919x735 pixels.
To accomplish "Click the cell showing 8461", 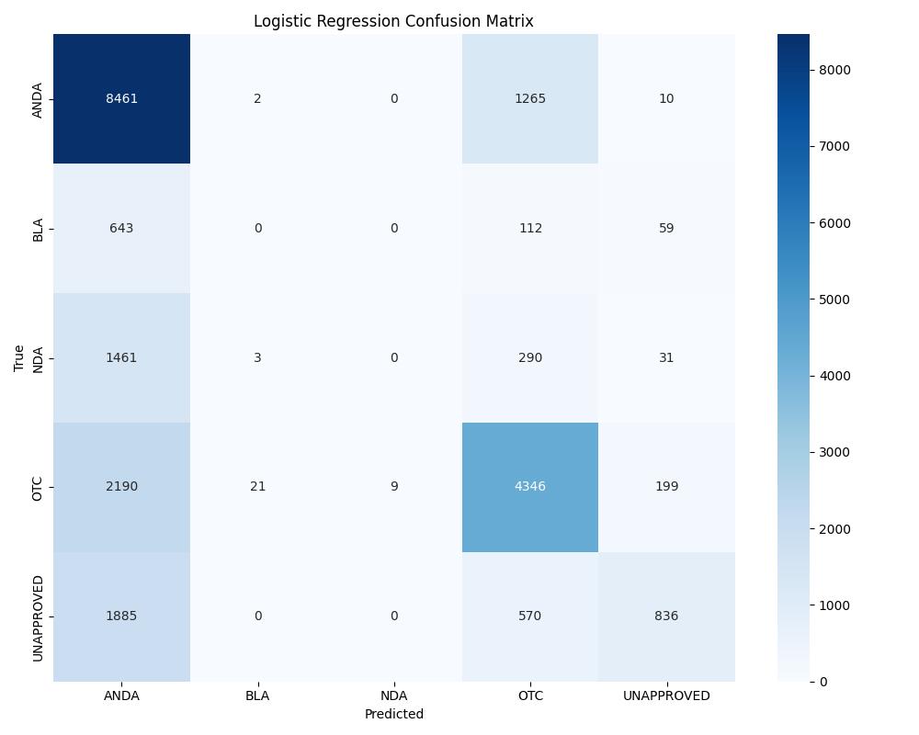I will (121, 98).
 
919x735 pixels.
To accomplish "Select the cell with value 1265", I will (530, 98).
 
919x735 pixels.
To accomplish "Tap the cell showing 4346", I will (530, 487).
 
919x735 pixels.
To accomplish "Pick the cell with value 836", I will (666, 616).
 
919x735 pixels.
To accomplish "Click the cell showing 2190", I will (121, 487).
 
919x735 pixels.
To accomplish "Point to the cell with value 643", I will (121, 228).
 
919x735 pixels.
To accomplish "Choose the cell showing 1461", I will (121, 357).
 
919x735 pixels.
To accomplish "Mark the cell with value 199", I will (666, 487).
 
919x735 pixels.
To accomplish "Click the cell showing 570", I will (530, 616).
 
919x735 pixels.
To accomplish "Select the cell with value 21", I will (257, 487).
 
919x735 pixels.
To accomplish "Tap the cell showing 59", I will (666, 228).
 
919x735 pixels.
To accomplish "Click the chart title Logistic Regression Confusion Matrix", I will (393, 21).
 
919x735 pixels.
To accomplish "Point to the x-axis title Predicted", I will (393, 714).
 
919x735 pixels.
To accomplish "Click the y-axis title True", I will (19, 357).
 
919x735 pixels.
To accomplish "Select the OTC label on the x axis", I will (530, 696).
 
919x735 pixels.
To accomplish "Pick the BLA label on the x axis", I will (257, 696).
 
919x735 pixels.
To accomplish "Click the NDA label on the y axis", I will (38, 358).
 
